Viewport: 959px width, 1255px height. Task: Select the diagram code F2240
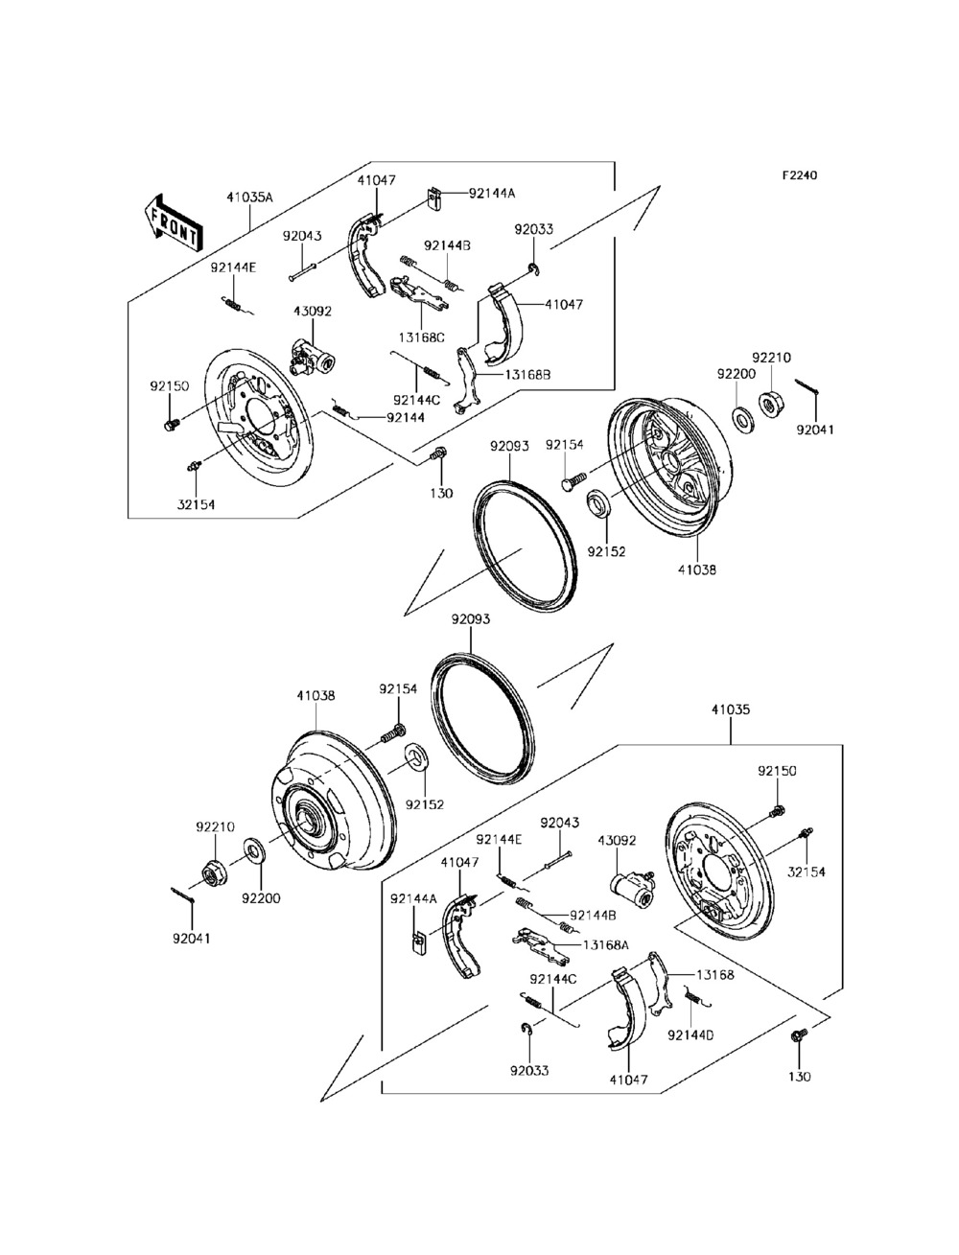click(800, 174)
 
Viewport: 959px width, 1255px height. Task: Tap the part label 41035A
click(250, 198)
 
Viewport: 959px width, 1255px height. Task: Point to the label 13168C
click(421, 337)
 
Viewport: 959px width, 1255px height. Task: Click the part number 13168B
click(527, 375)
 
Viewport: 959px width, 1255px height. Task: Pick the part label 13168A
click(605, 945)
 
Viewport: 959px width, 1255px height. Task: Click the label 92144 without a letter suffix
click(406, 418)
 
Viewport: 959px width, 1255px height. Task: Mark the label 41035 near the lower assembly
click(731, 709)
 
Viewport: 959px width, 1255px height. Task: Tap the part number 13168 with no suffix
click(714, 974)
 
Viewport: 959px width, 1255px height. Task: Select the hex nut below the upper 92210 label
click(771, 403)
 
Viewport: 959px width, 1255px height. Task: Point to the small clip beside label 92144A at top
click(435, 199)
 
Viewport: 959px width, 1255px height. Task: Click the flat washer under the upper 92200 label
click(743, 417)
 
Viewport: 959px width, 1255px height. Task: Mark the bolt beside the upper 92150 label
click(172, 425)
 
